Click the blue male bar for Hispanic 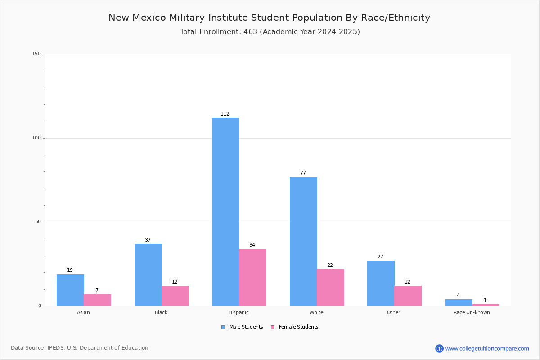point(225,211)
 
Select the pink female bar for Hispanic point(252,277)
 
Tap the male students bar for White point(303,241)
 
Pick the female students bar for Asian point(97,300)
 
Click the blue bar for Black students point(148,274)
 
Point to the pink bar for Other point(408,296)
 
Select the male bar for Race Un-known point(459,302)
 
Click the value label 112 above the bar point(225,114)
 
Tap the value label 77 point(303,173)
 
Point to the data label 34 point(252,245)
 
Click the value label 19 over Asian point(70,270)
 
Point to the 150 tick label point(36,54)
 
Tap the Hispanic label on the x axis point(238,312)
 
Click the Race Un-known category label point(472,312)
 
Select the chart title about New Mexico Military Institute point(269,18)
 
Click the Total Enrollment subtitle point(270,31)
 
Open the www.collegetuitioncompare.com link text point(487,348)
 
